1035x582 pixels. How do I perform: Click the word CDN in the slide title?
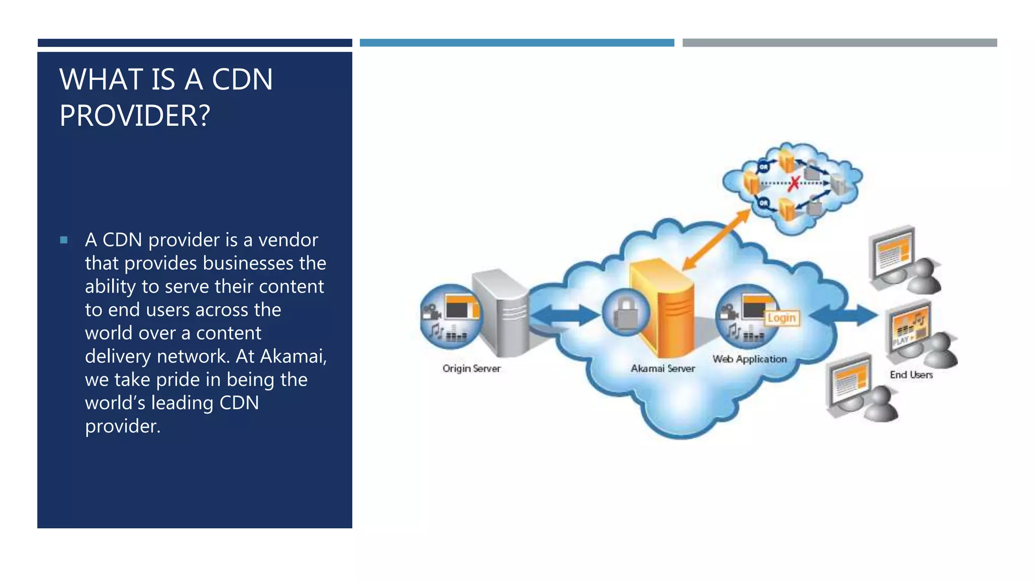coord(242,80)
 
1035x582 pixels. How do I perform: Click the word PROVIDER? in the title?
coord(134,116)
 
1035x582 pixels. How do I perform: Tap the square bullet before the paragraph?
coord(64,240)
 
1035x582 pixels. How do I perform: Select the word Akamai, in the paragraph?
coord(294,356)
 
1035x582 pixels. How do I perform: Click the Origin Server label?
coord(471,368)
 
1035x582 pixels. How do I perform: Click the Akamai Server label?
coord(663,368)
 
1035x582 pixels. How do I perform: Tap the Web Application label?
coord(749,359)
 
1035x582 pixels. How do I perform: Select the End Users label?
coord(911,375)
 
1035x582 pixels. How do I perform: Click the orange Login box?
coord(781,318)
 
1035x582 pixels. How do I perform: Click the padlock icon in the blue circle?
coord(626,313)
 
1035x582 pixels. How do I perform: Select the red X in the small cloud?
coord(794,183)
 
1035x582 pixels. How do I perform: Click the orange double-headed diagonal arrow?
coord(716,240)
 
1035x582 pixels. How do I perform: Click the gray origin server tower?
coord(500,313)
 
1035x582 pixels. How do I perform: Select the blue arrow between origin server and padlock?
coord(563,315)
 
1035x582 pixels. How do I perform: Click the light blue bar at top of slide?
coord(516,43)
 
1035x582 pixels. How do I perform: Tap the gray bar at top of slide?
coord(839,43)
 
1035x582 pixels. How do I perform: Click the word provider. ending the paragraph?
coord(122,426)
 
